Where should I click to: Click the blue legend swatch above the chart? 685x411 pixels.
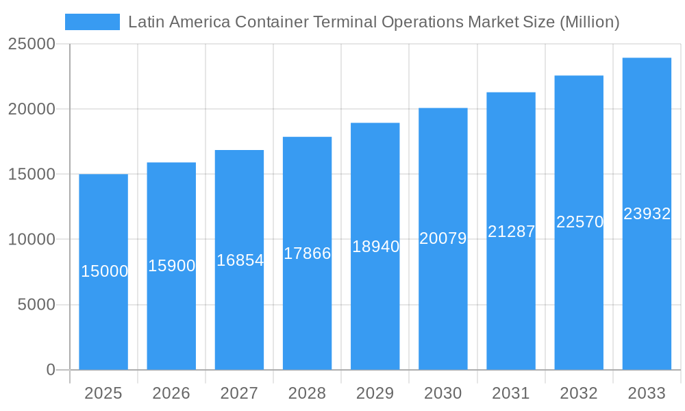click(92, 22)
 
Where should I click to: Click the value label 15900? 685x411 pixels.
click(172, 266)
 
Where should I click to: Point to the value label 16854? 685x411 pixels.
click(240, 260)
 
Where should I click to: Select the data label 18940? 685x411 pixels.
click(375, 247)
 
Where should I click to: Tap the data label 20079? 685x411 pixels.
click(443, 238)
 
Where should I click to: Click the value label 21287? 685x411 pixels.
click(511, 232)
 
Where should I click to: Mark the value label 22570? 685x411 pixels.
click(580, 222)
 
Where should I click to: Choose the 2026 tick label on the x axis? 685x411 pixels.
click(171, 393)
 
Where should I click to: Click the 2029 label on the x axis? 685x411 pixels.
click(375, 393)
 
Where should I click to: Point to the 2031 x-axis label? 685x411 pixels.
click(511, 393)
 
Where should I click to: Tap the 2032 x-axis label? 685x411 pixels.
click(579, 393)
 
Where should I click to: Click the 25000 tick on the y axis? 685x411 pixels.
click(32, 44)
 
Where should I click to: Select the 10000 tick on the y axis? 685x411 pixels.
click(32, 240)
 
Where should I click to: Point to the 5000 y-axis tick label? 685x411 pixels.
click(36, 305)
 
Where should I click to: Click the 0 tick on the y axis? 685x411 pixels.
click(51, 370)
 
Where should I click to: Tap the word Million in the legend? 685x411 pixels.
click(589, 22)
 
